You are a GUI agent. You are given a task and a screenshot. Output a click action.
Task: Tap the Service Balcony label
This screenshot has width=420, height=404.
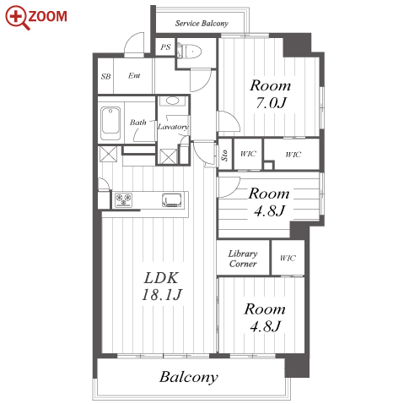point(202,23)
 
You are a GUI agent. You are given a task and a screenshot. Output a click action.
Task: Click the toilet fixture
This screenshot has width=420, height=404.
point(189,52)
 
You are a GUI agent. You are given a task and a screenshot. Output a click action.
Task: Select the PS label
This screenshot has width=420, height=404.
point(165,46)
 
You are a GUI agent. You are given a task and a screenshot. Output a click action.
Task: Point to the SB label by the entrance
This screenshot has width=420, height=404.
point(105,76)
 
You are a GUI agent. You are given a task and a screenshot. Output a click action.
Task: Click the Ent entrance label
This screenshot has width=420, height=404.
point(134,75)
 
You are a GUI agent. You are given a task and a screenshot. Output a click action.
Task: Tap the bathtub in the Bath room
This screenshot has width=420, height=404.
point(110,121)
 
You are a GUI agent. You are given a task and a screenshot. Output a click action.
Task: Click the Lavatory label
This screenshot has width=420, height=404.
point(173,127)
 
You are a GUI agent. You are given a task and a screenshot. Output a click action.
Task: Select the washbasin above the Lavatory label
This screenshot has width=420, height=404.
point(172,101)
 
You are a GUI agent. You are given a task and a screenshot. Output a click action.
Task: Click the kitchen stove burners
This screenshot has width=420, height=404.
point(123,199)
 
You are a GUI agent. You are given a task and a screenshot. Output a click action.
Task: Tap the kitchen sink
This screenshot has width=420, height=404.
point(171,200)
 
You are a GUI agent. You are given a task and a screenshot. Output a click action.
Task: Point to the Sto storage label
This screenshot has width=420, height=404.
point(224,156)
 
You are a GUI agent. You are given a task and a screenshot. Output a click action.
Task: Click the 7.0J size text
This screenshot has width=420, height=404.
point(271,102)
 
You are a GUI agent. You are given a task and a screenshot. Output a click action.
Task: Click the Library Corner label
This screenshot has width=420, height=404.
point(243,259)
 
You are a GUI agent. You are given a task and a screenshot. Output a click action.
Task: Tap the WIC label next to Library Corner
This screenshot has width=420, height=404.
point(288,258)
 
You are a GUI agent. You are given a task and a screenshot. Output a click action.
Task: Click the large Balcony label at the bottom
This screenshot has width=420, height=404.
point(189,377)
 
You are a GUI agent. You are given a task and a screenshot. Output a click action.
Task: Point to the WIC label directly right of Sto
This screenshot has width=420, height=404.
point(248,154)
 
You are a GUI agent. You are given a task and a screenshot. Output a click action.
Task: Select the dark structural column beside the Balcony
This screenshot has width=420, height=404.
point(297,365)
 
